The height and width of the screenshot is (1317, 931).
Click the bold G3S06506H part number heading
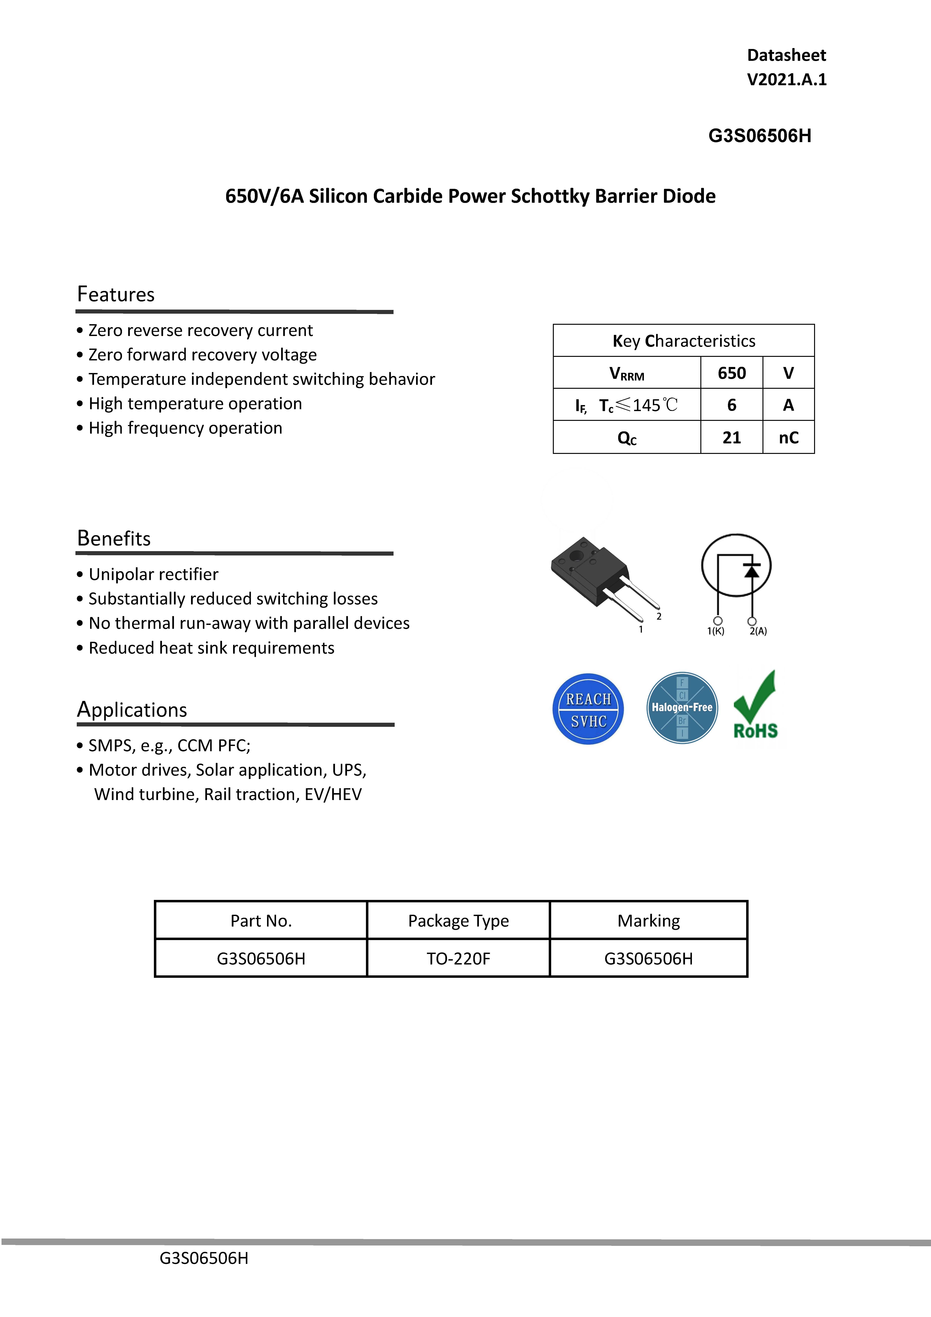759,136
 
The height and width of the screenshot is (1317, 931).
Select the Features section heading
116,294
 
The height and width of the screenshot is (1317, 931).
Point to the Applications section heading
132,710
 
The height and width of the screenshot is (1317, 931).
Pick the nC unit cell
788,438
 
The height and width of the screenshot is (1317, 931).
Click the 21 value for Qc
731,438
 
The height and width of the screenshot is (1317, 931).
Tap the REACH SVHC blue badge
588,710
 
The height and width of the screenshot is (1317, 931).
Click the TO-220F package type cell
458,958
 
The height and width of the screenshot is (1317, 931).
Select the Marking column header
648,921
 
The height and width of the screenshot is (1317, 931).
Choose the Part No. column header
261,921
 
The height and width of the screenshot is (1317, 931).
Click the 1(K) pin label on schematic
715,631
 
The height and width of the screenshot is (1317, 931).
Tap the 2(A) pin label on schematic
758,631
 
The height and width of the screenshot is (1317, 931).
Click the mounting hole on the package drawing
575,555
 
